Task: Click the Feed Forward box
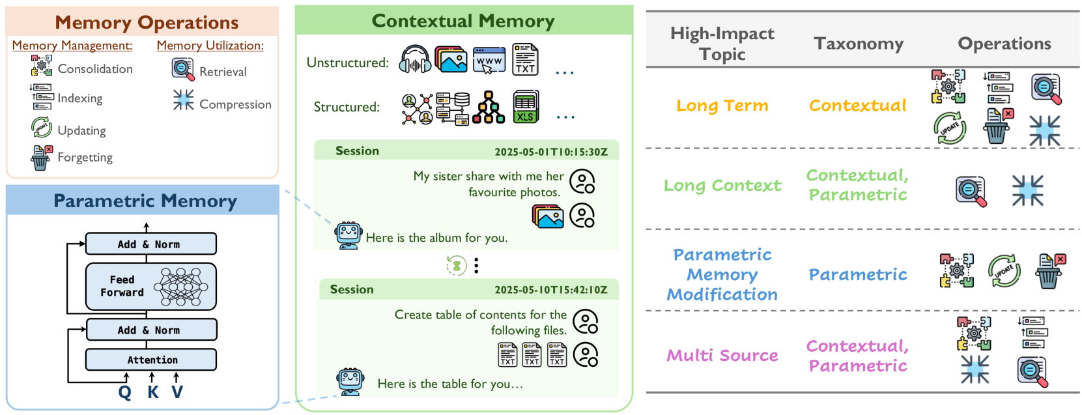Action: pos(150,286)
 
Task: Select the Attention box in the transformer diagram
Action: pos(151,360)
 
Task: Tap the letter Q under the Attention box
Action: pos(124,392)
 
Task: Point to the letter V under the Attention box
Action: pos(177,392)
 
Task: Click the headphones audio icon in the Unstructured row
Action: pos(415,60)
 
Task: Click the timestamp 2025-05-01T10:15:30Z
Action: pos(550,152)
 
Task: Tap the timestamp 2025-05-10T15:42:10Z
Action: pos(550,290)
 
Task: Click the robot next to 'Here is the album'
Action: pos(349,235)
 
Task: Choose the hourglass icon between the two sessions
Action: pos(457,265)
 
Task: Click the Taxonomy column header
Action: pos(858,44)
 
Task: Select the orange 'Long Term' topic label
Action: pos(722,106)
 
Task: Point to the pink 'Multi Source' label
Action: pos(722,356)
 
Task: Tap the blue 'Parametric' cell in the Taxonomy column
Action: pos(857,275)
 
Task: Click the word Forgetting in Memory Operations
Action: pos(85,158)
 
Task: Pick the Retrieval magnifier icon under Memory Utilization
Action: pos(183,69)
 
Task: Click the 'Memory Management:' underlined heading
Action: pos(72,46)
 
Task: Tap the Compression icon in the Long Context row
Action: pos(1027,190)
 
